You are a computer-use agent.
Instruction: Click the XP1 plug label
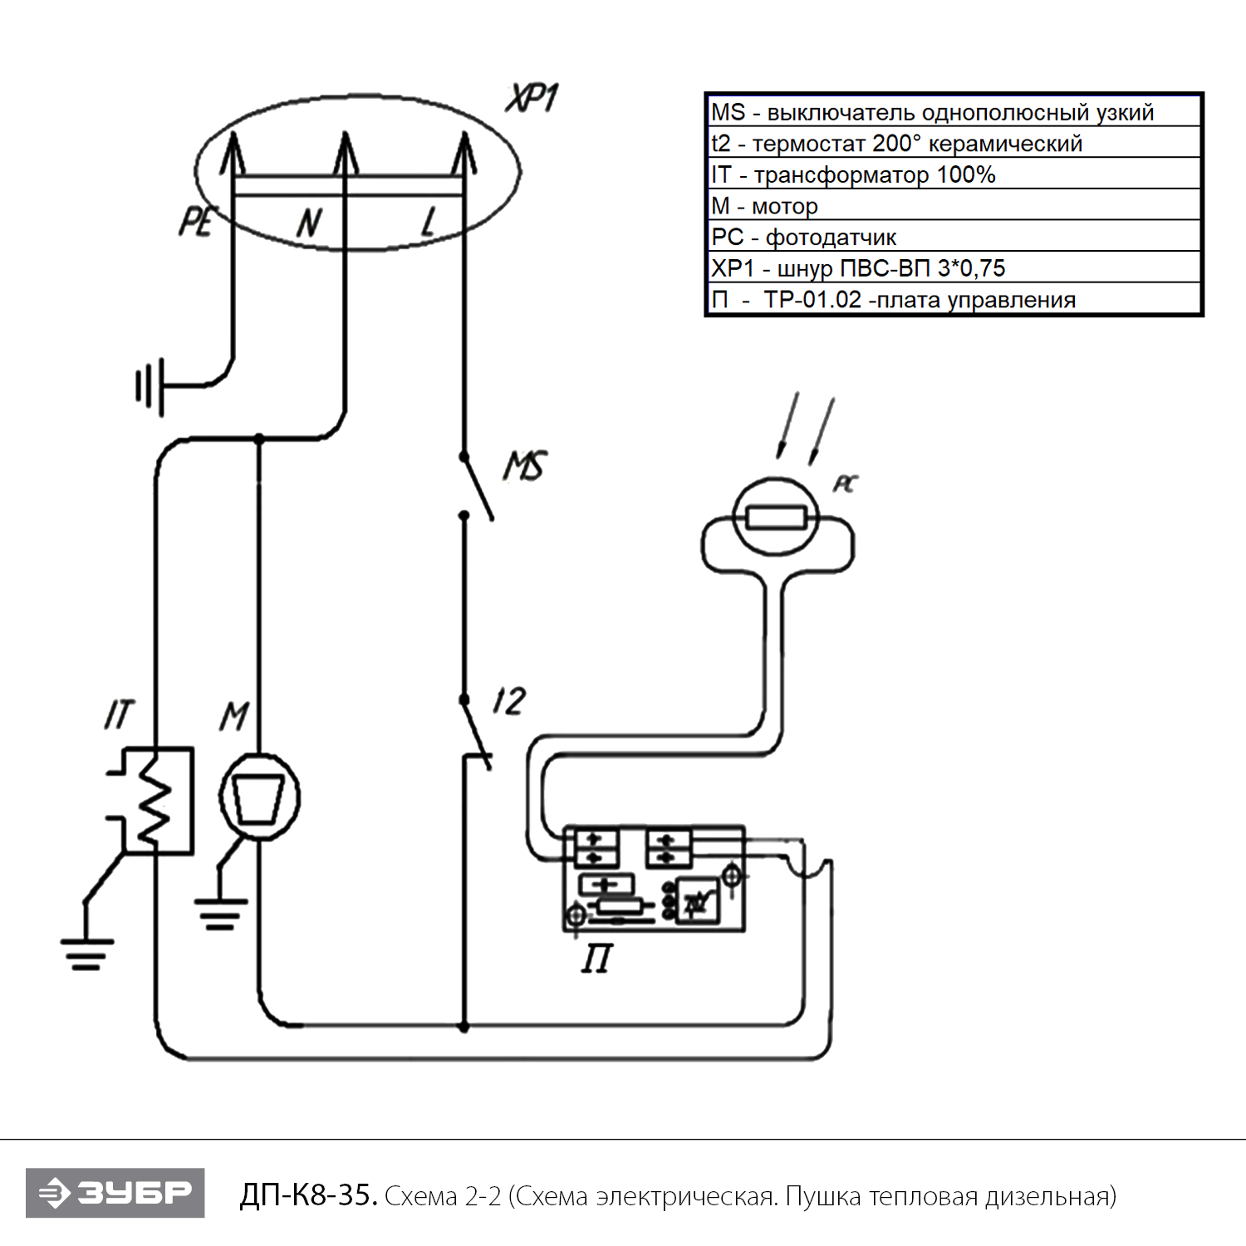tap(532, 99)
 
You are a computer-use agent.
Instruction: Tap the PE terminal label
tap(197, 222)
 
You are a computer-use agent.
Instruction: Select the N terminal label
tap(309, 223)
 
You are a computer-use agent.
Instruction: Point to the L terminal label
tap(429, 222)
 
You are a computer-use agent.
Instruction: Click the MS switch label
tap(525, 466)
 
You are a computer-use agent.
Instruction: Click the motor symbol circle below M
tap(260, 797)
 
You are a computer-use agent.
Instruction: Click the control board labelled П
tap(654, 878)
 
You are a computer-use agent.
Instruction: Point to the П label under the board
tap(596, 959)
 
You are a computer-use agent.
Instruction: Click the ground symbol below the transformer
tap(86, 954)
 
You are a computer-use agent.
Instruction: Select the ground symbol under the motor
tap(220, 913)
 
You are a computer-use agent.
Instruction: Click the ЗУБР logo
tap(115, 1193)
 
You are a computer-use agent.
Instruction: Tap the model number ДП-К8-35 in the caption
tap(308, 1195)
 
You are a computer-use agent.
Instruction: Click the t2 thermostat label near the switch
tap(508, 702)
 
